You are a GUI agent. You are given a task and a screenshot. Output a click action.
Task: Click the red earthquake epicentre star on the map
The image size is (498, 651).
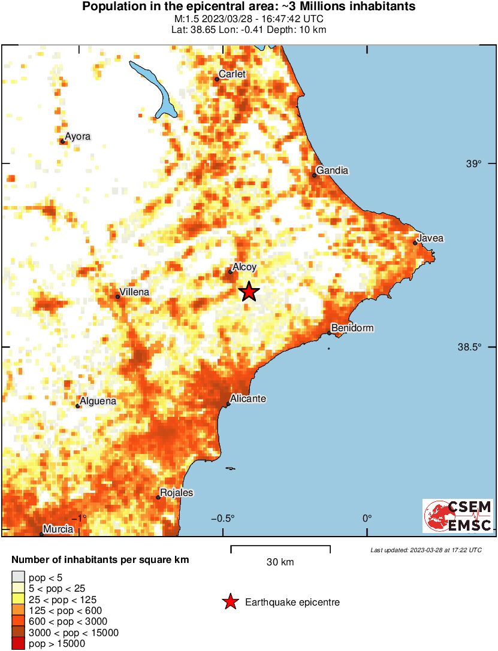[x=249, y=292]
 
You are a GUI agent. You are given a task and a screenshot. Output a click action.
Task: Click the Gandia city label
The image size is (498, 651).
[x=332, y=171]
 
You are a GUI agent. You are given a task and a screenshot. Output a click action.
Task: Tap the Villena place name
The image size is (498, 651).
[x=134, y=292]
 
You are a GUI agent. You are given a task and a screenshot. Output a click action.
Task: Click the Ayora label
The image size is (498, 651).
[x=77, y=137]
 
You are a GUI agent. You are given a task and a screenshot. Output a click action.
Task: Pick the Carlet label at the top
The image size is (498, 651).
[x=233, y=74]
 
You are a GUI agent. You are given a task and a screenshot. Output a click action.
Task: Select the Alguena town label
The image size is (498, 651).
[x=98, y=401]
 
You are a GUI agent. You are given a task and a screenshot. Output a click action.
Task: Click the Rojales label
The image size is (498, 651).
[x=176, y=493]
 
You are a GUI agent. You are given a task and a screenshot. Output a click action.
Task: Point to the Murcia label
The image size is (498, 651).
[x=58, y=529]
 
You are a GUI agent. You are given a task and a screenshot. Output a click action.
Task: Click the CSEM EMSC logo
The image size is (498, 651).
[x=457, y=516]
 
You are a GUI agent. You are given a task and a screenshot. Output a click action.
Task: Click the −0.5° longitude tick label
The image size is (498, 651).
[x=224, y=519]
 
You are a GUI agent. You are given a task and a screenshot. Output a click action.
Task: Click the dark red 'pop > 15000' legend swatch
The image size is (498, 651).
[x=18, y=644]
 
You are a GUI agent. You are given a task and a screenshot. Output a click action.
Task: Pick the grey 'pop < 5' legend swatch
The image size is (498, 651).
[x=18, y=578]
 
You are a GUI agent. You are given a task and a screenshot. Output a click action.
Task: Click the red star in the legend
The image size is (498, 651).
[x=230, y=602]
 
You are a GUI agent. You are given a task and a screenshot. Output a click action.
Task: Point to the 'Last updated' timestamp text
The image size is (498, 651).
[x=425, y=550]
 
